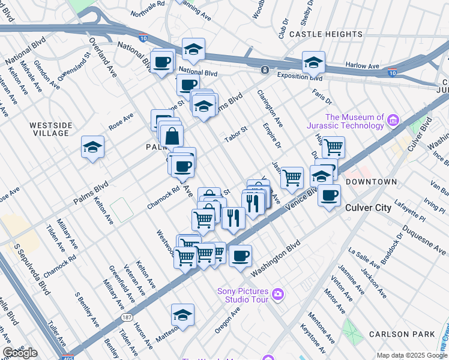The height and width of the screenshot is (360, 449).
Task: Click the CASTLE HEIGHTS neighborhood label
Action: [x=325, y=35]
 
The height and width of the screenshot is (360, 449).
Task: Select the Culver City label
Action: [x=369, y=208]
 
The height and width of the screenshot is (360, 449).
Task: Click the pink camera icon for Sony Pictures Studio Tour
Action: [x=277, y=293]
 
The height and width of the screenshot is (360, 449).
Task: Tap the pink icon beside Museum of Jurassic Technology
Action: [x=393, y=121]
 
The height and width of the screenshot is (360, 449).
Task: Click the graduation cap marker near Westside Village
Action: [x=93, y=147]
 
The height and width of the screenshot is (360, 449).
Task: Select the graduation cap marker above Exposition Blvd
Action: [x=313, y=62]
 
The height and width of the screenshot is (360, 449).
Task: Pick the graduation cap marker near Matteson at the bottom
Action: [x=182, y=314]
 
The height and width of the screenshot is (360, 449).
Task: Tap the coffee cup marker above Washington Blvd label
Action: [x=240, y=256]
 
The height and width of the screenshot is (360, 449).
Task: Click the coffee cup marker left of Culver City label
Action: [x=328, y=196]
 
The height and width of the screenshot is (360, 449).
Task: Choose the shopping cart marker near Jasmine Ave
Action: [x=292, y=178]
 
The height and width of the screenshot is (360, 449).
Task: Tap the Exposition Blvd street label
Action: [x=300, y=77]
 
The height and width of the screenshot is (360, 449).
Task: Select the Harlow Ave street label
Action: [x=363, y=65]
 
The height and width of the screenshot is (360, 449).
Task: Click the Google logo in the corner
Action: [x=20, y=353]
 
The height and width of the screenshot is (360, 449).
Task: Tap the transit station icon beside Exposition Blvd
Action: [x=264, y=70]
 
